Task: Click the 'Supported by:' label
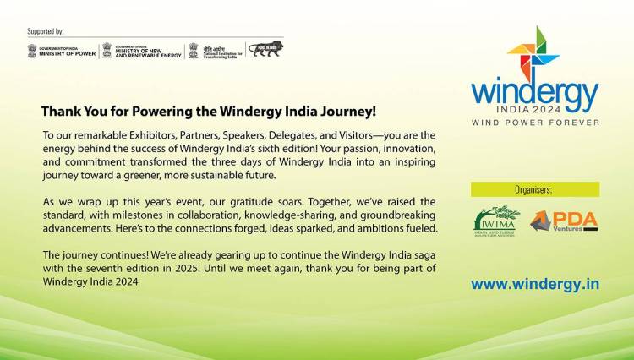46,31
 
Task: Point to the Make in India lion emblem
266,49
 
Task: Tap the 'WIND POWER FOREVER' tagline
535,123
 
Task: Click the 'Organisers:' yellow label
535,190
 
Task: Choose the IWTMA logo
497,221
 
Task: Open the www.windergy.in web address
535,284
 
